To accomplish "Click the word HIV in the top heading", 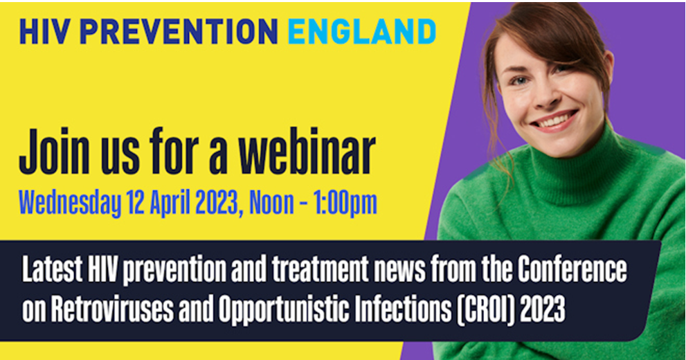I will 42,32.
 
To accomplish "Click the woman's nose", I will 554,97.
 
